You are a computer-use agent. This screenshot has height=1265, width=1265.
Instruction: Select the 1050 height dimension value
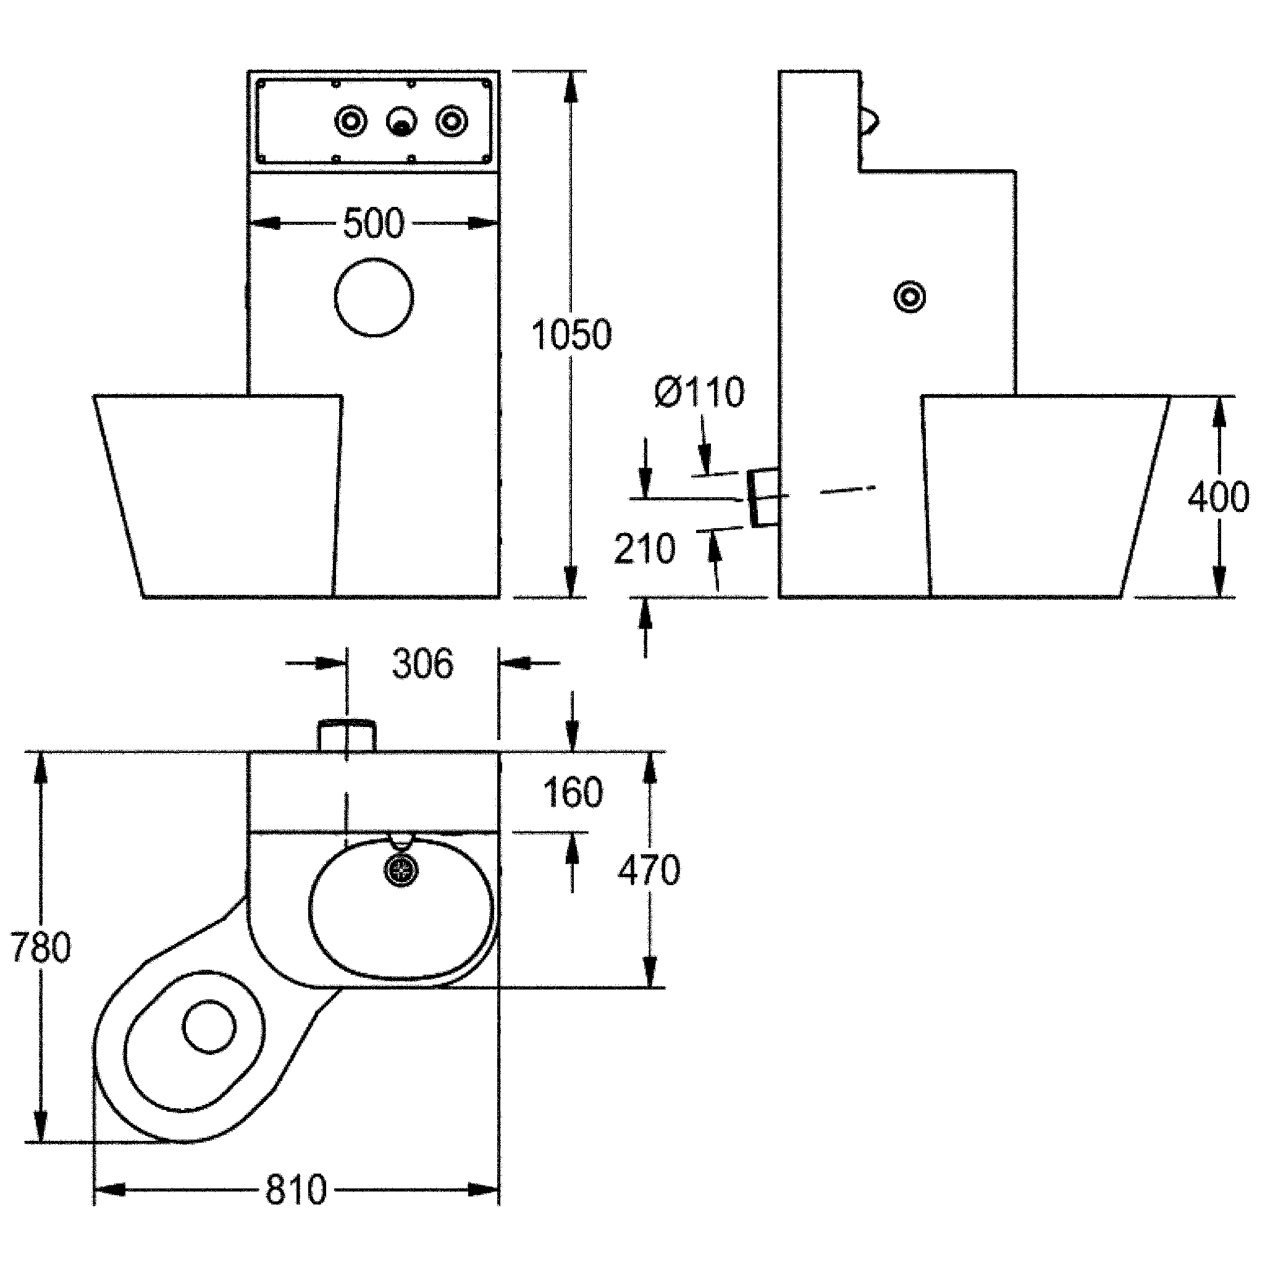tap(571, 335)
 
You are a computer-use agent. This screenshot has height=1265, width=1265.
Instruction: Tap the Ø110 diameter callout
tap(699, 393)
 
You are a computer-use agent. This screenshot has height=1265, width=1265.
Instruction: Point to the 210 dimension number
tap(644, 548)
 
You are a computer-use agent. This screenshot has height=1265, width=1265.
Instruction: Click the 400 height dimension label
tap(1219, 497)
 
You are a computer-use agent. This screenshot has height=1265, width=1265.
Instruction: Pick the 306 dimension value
tap(422, 664)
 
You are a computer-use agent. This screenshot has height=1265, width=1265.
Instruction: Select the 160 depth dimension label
tap(573, 793)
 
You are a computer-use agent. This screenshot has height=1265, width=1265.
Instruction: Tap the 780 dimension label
tap(41, 948)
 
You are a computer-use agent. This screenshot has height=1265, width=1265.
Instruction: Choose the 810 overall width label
tap(296, 1190)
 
